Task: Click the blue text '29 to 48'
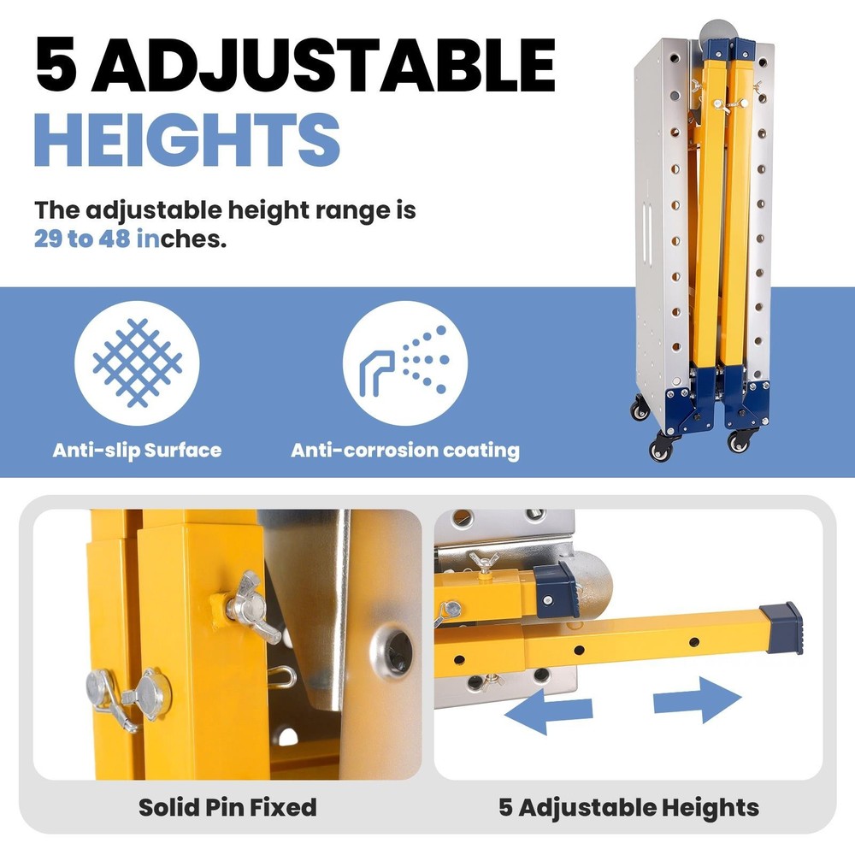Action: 83,239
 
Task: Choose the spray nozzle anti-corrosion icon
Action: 406,363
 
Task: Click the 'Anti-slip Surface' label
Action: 137,450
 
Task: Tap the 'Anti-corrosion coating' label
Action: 405,450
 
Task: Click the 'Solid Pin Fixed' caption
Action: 227,806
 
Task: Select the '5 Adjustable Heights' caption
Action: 629,806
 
